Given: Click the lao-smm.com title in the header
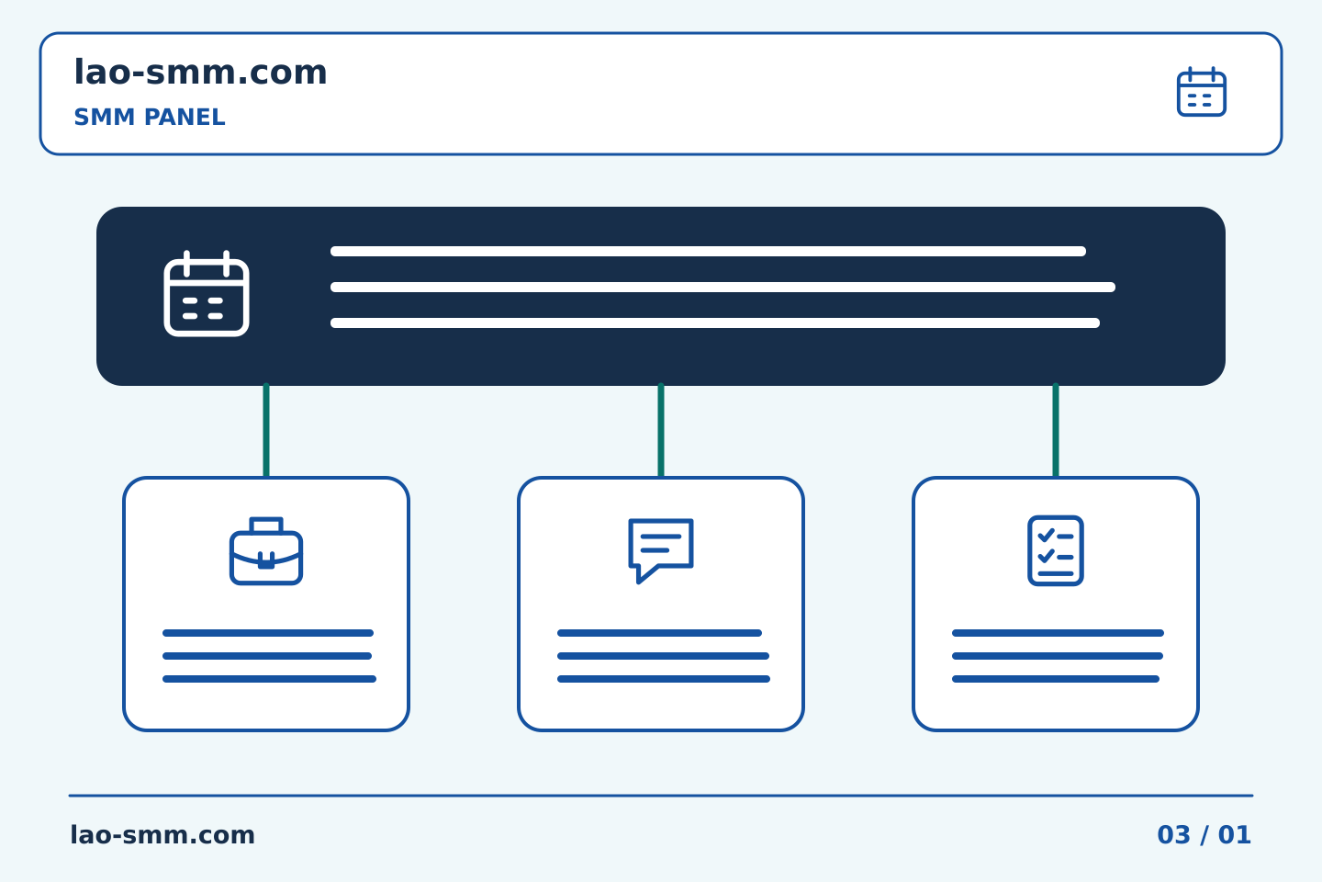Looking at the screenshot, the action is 200,72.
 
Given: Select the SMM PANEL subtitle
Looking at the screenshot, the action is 150,117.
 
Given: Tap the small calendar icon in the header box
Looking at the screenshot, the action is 1201,92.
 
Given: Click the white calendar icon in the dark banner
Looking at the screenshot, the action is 207,294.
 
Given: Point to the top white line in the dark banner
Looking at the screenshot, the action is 708,251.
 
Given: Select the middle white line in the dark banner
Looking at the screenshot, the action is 723,287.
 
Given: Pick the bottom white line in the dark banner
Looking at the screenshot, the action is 715,322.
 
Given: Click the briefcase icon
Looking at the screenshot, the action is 266,551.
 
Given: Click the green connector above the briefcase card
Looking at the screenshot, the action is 266,430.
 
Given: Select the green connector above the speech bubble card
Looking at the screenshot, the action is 661,430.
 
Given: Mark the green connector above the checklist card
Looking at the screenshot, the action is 1056,430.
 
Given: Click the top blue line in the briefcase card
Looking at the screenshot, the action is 268,633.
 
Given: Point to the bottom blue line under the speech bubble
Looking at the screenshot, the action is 664,679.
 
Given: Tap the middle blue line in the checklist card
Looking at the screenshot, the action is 1058,656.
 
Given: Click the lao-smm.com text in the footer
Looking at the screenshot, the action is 162,835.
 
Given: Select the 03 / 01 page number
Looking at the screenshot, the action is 1204,835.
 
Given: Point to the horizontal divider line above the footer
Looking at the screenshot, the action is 661,796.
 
